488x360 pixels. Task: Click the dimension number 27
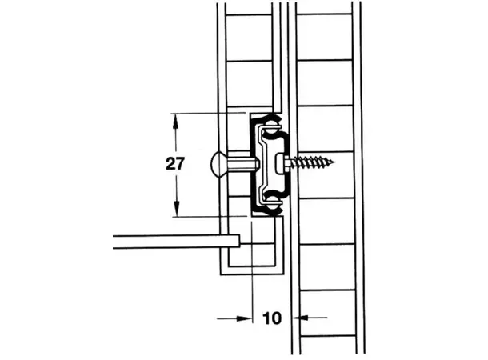(176, 165)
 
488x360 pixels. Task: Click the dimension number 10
(271, 318)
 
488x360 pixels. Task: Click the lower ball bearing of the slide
(272, 207)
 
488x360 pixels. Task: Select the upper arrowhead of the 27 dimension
(176, 118)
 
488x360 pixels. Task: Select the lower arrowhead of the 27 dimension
(176, 212)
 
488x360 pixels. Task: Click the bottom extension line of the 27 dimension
(208, 217)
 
